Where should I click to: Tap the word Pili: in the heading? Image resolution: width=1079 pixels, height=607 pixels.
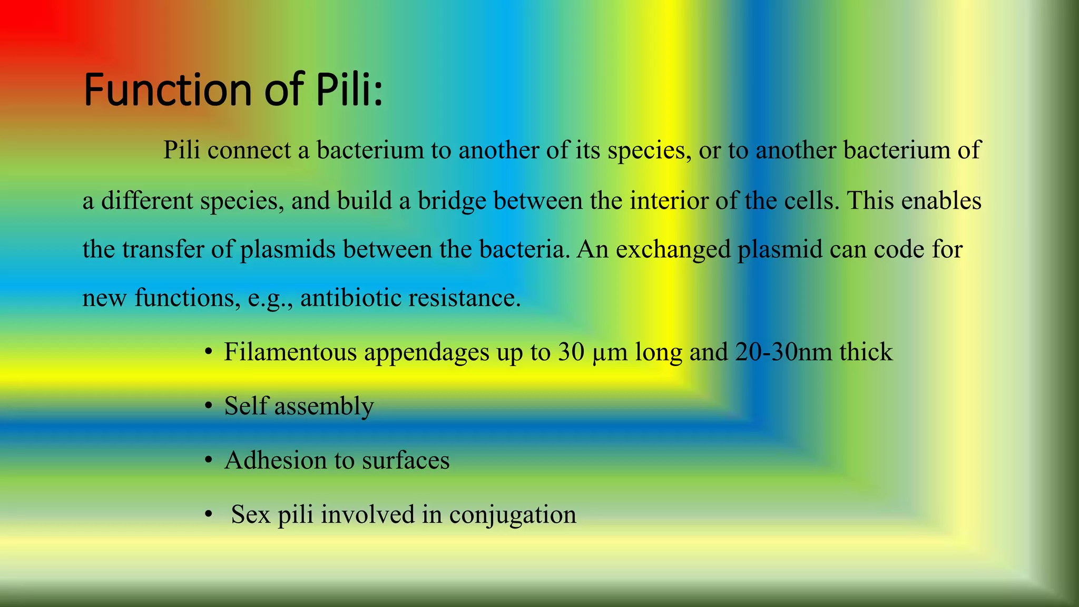(x=349, y=89)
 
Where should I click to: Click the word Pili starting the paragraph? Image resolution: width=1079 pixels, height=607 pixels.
(x=182, y=150)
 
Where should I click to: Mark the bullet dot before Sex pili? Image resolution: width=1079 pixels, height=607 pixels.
(x=209, y=514)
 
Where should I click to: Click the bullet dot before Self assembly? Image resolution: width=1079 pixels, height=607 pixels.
(x=209, y=406)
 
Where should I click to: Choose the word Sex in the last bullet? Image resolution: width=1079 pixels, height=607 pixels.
(x=250, y=514)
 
